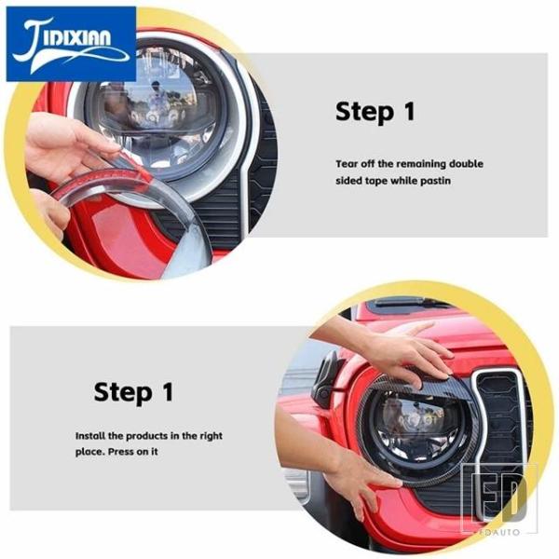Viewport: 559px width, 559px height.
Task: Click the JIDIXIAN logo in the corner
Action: [71, 44]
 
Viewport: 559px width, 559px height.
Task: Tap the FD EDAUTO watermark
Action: [498, 499]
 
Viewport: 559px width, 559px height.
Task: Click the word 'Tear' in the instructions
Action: [347, 164]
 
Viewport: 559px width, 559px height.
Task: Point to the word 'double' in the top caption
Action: [466, 164]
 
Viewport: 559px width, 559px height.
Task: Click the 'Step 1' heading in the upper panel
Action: [375, 111]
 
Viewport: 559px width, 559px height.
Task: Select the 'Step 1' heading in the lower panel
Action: [133, 392]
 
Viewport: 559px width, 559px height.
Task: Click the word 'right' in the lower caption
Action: [211, 436]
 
